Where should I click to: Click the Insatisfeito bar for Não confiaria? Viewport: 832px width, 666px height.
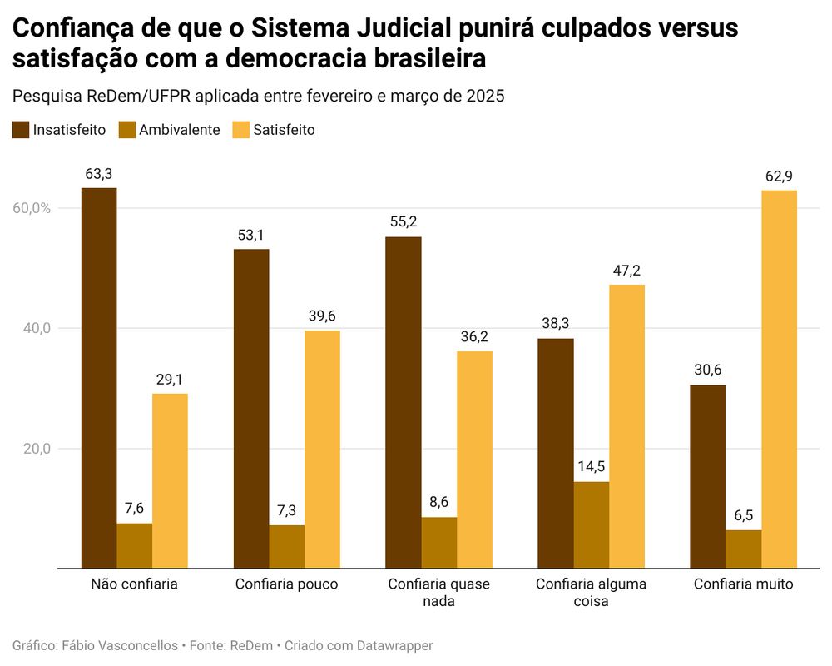coord(99,378)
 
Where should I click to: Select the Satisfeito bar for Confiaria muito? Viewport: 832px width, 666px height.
coord(779,379)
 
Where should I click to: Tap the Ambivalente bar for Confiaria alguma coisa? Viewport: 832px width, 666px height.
coord(591,524)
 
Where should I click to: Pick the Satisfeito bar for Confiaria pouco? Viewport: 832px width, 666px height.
coord(322,449)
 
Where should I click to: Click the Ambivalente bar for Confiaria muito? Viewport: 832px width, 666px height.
coord(743,549)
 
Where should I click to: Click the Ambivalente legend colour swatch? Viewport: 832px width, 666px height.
coord(127,129)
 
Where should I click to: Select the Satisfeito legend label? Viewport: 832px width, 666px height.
coord(284,129)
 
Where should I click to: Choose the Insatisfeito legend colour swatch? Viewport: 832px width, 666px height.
coord(21,129)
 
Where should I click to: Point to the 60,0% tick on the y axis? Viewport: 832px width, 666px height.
coord(32,208)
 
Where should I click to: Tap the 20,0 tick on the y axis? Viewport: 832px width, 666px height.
coord(36,449)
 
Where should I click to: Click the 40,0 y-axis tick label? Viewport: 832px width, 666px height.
coord(36,328)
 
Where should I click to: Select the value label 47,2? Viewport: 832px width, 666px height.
coord(626,271)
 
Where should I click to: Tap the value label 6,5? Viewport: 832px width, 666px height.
coord(743,516)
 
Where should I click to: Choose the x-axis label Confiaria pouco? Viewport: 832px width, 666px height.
coord(287,584)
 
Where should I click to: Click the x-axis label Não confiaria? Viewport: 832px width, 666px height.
coord(134,584)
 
